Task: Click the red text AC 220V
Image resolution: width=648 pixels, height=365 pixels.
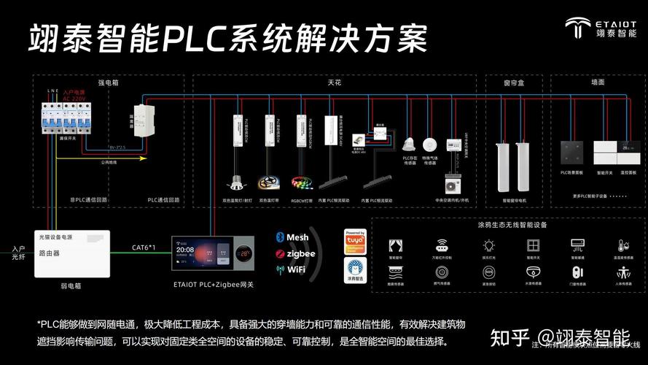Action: point(74,98)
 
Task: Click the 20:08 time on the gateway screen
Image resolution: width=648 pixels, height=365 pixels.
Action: point(185,250)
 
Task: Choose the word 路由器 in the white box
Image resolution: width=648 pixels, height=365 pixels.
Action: point(50,253)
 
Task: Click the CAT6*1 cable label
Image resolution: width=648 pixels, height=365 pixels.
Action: point(144,247)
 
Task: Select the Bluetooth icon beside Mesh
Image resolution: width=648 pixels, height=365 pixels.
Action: point(280,237)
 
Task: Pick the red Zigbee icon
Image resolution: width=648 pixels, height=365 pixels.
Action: point(280,253)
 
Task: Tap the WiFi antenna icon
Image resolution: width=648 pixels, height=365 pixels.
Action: point(280,269)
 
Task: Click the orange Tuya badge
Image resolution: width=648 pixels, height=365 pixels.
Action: point(355,241)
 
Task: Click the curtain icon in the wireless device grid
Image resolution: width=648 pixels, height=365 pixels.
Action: point(395,245)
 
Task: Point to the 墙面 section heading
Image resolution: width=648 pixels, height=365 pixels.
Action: point(598,83)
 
